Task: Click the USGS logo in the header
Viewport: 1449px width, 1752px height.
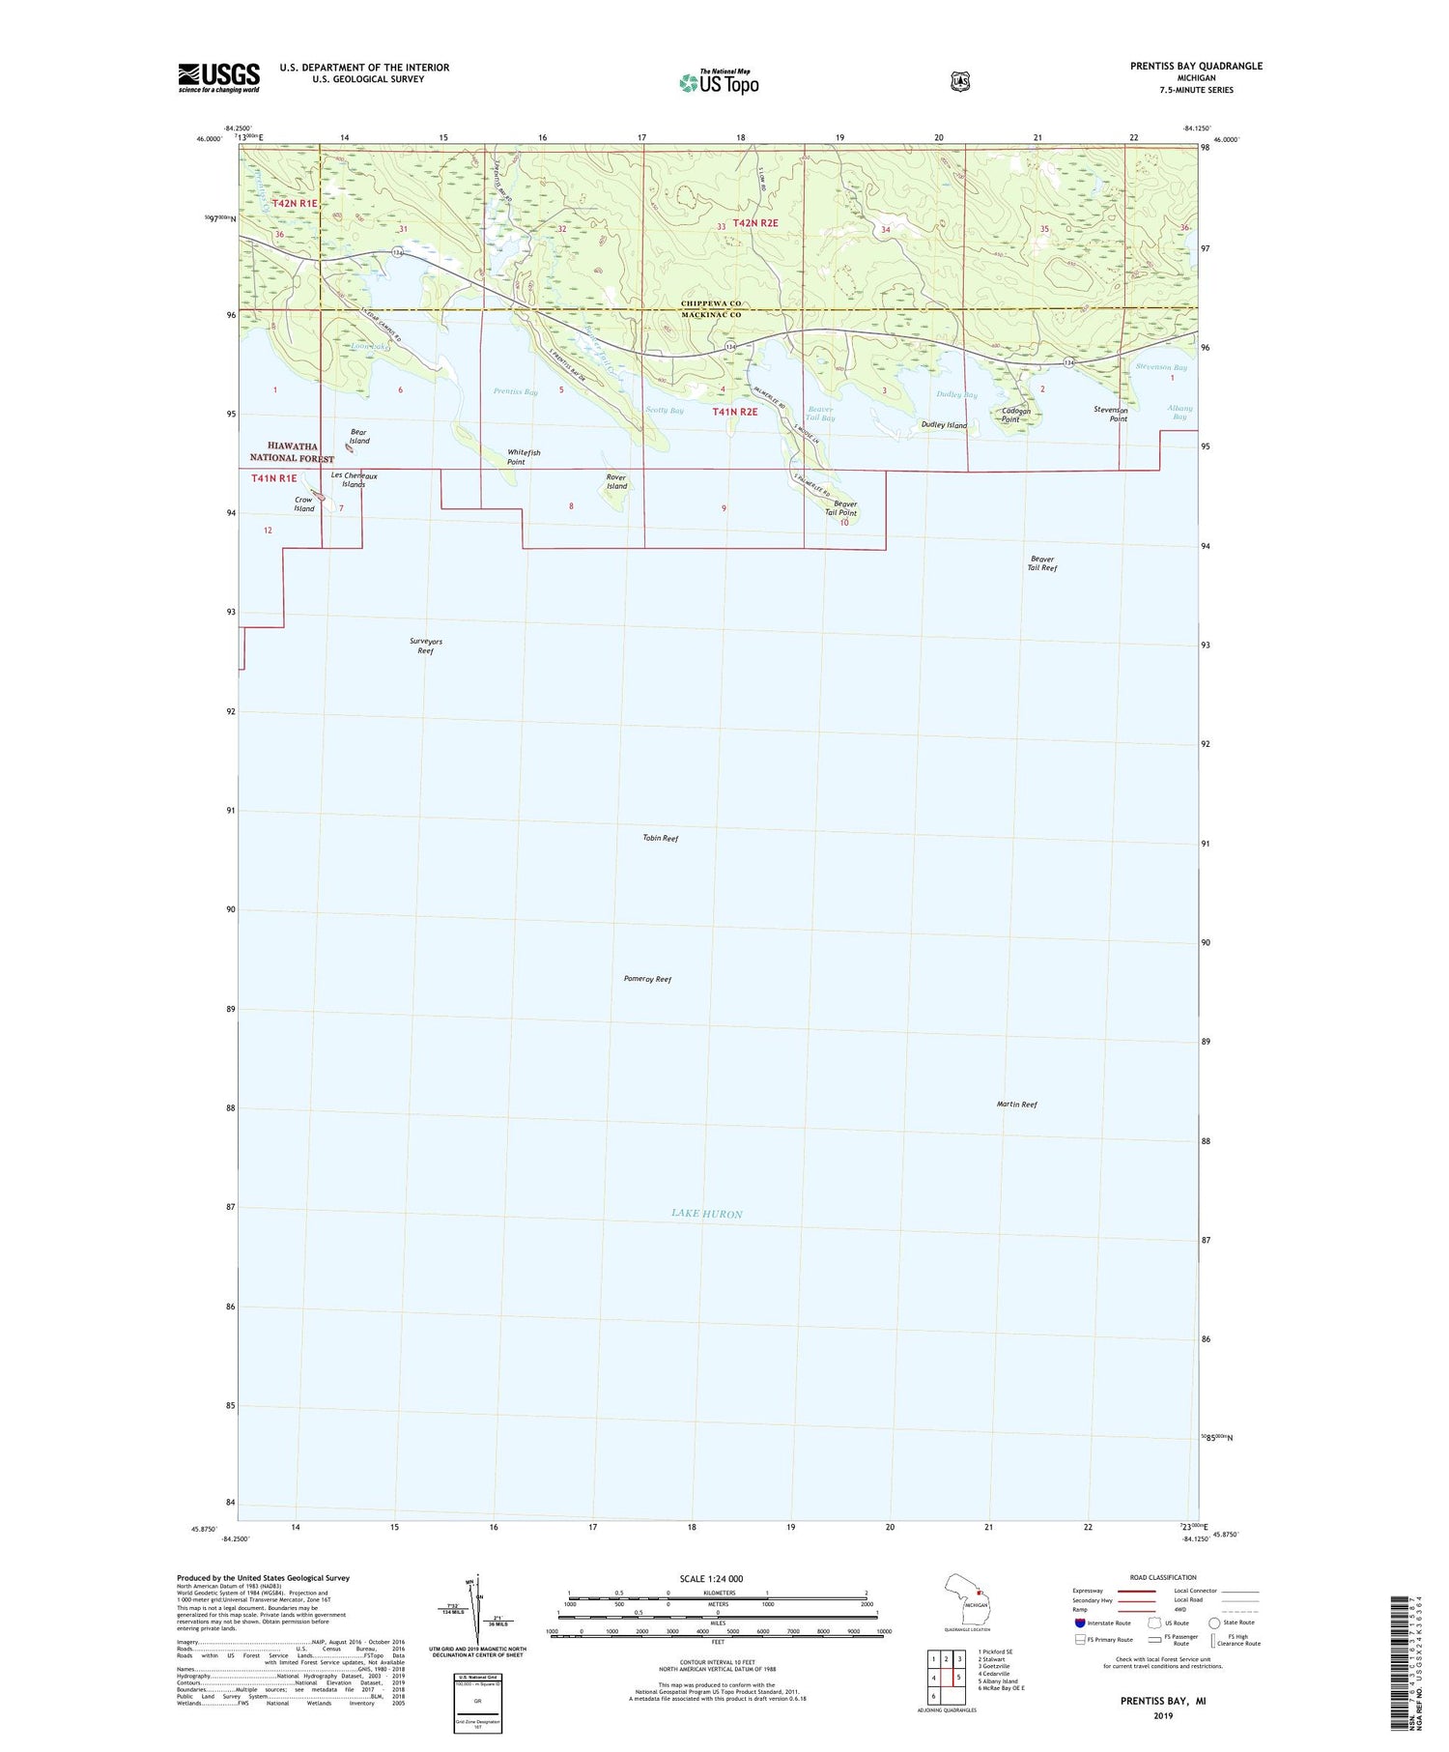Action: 218,77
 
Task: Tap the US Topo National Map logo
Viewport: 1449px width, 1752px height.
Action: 719,82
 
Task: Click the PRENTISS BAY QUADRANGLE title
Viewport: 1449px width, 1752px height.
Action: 1196,66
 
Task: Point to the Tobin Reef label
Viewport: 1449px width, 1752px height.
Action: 661,838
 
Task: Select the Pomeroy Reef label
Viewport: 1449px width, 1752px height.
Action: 647,979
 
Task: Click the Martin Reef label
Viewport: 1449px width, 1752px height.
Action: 1016,1104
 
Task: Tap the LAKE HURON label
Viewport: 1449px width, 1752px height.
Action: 707,1214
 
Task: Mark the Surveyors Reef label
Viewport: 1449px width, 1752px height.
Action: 426,646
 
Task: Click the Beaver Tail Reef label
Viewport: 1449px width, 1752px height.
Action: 1042,563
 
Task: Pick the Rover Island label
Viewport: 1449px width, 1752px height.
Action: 616,481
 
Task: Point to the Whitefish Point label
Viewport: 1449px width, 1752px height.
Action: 524,457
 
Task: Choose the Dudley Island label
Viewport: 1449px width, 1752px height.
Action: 944,425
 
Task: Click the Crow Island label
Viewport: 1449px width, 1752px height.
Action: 304,504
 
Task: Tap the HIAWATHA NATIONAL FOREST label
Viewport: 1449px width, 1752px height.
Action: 292,452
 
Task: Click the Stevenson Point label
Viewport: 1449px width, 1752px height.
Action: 1110,414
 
